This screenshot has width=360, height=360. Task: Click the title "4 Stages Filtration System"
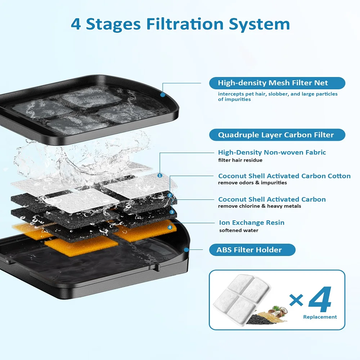point(180,24)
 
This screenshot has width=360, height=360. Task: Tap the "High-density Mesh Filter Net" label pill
point(277,83)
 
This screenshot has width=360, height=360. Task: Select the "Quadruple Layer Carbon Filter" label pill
point(277,135)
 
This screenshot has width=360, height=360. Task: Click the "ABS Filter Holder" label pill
point(252,250)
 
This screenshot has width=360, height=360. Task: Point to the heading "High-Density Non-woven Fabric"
point(272,152)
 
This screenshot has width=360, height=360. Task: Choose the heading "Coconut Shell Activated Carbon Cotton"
point(284,176)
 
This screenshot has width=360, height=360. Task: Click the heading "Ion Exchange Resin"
point(252,222)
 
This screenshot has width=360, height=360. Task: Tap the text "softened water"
point(239,230)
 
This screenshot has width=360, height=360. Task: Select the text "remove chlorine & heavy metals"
point(260,206)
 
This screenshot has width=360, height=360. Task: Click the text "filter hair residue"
point(240,160)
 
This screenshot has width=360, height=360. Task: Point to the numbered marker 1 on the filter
point(160,176)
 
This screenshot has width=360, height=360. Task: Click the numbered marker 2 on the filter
point(170,195)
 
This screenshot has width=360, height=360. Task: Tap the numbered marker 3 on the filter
point(172,212)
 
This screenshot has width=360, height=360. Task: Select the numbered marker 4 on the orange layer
point(170,227)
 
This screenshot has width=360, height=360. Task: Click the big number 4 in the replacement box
point(320,299)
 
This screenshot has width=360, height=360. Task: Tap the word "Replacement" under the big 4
point(320,317)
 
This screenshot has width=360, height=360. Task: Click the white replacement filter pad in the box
point(241,294)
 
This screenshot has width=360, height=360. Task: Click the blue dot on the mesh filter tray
point(163,94)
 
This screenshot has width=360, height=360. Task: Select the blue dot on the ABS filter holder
point(186,249)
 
